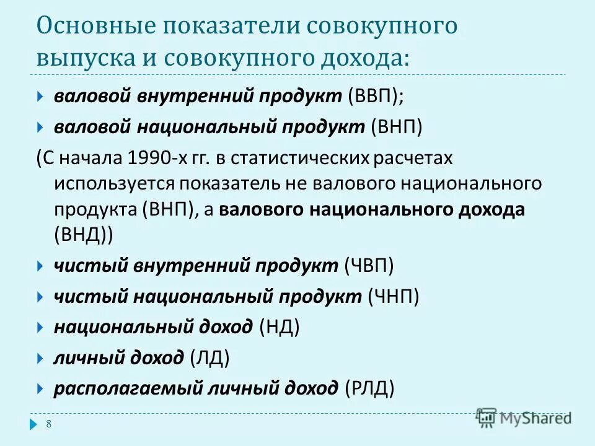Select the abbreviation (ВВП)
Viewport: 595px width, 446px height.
tap(377, 97)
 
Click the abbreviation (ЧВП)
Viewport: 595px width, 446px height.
tap(369, 266)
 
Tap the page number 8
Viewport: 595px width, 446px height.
tap(48, 424)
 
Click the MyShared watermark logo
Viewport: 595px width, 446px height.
tap(524, 418)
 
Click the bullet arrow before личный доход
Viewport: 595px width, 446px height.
tap(39, 358)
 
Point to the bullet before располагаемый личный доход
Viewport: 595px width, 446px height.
tap(39, 389)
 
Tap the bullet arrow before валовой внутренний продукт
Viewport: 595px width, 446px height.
tap(39, 97)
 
